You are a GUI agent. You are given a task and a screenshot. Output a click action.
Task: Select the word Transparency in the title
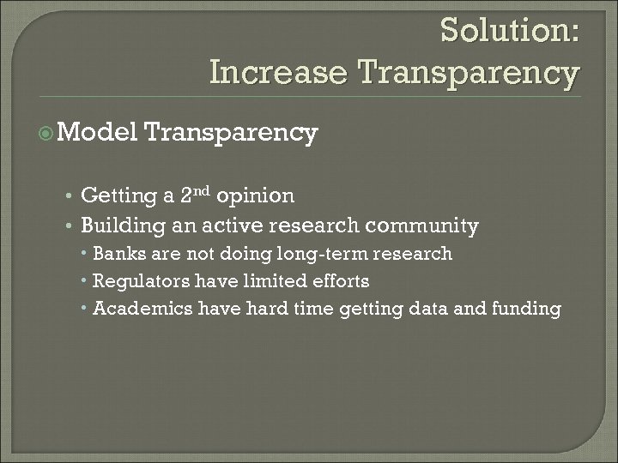tap(470, 74)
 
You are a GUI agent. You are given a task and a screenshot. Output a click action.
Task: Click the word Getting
tap(118, 196)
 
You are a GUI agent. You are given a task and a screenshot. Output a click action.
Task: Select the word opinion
tap(256, 197)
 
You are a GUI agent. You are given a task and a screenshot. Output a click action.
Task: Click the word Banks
tap(118, 254)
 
